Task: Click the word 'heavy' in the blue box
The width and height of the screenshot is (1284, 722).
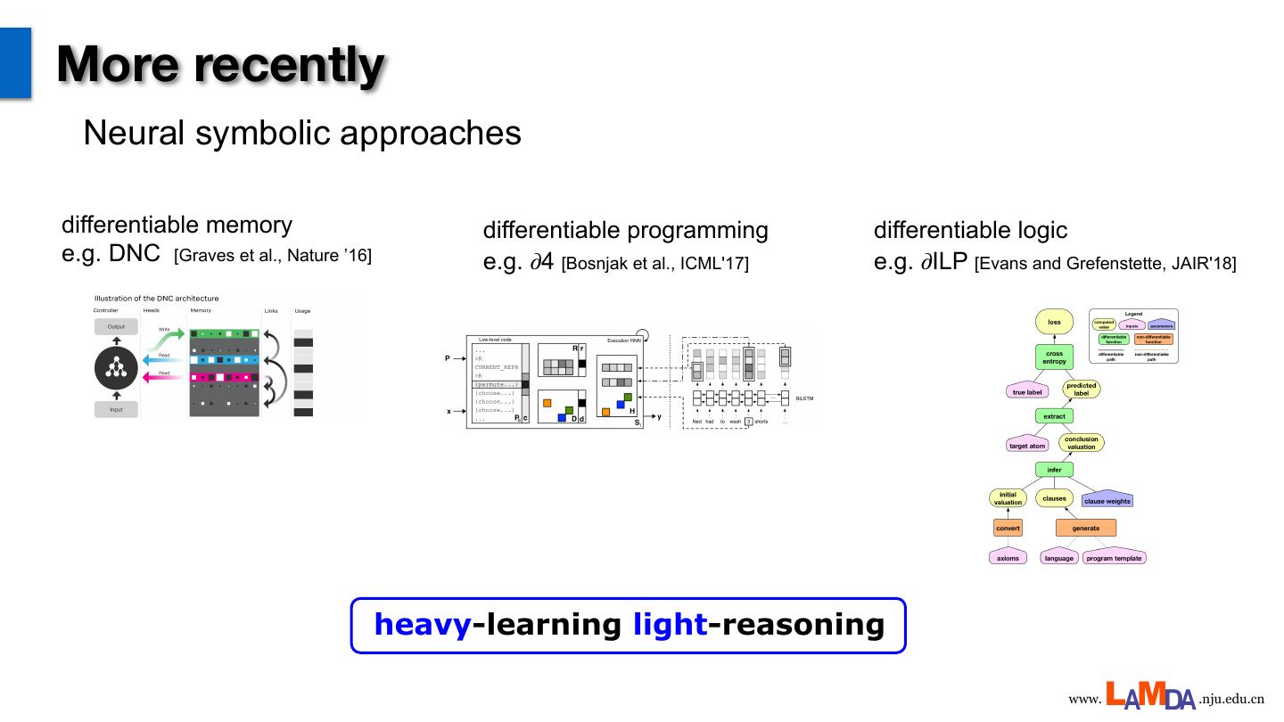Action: [422, 625]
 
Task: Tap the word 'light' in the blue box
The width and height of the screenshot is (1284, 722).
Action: [670, 625]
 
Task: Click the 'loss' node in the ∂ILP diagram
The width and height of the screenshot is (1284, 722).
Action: [1054, 323]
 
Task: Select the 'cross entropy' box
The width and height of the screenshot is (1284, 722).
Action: [1054, 357]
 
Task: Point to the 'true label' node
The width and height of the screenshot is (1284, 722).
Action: [1027, 391]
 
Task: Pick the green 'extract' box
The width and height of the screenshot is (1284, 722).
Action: [1054, 416]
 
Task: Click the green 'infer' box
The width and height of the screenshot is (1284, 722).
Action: [1054, 470]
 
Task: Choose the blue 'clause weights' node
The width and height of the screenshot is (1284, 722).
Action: [1107, 500]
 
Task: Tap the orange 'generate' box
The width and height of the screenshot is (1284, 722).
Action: [1085, 529]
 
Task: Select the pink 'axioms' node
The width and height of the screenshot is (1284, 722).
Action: [1008, 558]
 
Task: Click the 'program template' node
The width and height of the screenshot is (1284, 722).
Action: [1114, 558]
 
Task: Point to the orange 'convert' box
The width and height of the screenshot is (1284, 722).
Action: [1008, 529]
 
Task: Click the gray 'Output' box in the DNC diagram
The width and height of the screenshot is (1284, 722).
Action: [116, 327]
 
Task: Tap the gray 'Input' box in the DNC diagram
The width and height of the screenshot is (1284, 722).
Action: [116, 410]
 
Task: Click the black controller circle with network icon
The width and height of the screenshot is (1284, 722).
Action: [116, 369]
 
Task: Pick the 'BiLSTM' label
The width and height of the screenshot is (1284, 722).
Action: [804, 398]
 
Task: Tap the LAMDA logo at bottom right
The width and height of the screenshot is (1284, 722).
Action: [1150, 696]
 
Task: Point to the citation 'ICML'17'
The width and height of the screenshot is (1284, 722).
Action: [701, 264]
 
